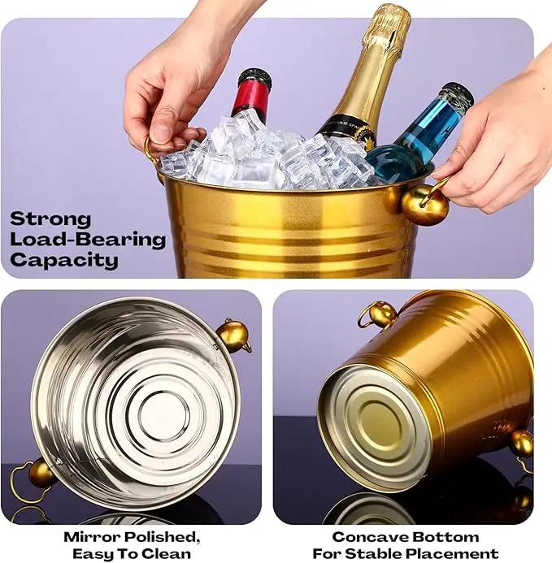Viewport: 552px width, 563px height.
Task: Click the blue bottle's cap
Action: (457, 93)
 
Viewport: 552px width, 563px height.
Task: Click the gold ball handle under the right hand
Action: (425, 205)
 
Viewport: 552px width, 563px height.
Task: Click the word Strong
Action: (50, 219)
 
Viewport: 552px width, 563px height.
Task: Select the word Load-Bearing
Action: (88, 240)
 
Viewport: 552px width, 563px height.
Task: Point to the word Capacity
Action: (64, 261)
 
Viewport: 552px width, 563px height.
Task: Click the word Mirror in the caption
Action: (92, 537)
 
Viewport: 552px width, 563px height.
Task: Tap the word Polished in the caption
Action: (162, 538)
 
